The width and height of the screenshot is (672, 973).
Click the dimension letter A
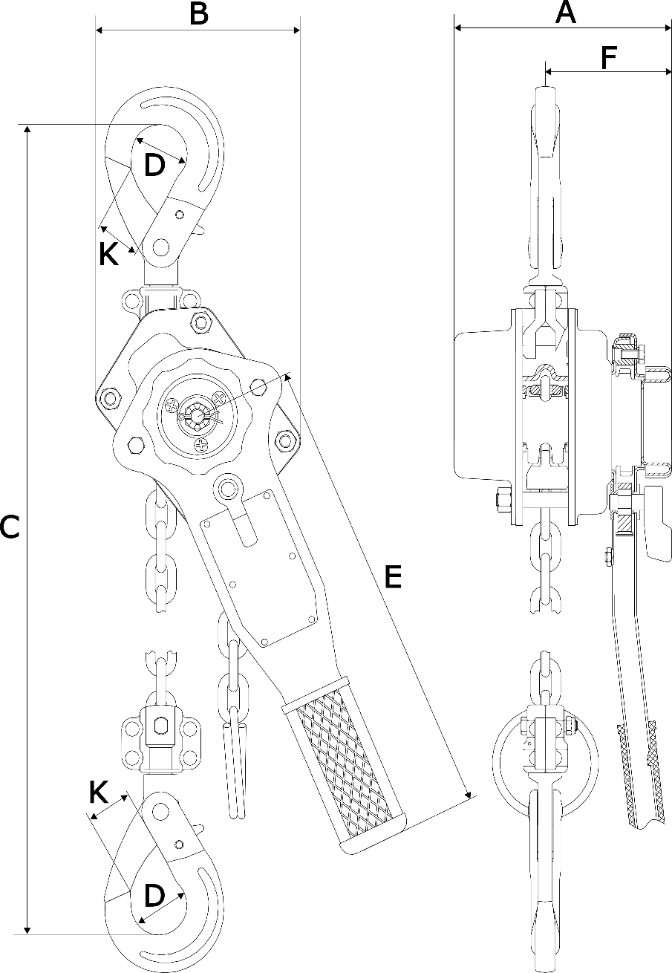[565, 13]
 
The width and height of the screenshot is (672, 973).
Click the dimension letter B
[198, 13]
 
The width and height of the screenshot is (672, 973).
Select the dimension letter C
[10, 527]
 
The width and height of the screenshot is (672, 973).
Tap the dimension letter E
[393, 576]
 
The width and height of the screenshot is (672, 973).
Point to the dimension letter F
[608, 57]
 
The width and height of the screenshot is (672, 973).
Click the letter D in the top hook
[154, 165]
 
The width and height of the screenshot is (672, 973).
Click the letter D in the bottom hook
[154, 896]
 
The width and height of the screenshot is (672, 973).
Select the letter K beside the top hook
[108, 254]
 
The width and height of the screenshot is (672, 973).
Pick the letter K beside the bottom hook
[99, 793]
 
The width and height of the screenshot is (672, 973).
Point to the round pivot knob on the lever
[227, 488]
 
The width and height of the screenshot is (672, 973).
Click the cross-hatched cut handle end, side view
[642, 772]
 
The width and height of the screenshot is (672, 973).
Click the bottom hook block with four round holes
[161, 739]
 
